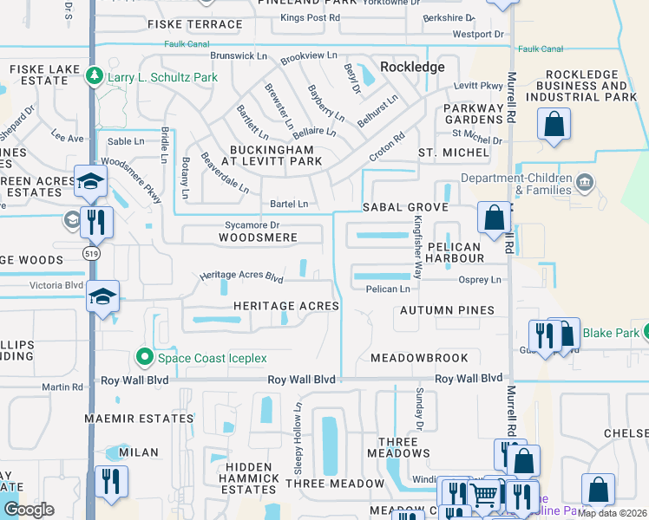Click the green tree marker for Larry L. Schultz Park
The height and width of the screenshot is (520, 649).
pyautogui.click(x=96, y=76)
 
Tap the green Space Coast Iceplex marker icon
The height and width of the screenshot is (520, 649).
pyautogui.click(x=144, y=357)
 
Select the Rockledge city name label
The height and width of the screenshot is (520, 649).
pyautogui.click(x=412, y=67)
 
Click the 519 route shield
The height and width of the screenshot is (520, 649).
pyautogui.click(x=90, y=253)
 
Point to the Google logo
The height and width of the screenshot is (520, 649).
pyautogui.click(x=29, y=509)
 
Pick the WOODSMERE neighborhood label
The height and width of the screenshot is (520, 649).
pyautogui.click(x=258, y=237)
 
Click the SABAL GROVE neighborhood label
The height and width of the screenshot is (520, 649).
pyautogui.click(x=405, y=208)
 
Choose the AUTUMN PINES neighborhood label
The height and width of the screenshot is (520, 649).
pyautogui.click(x=447, y=310)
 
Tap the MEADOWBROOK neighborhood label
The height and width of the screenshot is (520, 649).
pyautogui.click(x=419, y=358)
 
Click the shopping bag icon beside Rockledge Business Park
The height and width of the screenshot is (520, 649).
pyautogui.click(x=553, y=125)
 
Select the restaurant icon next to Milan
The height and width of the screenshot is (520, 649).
pyautogui.click(x=111, y=481)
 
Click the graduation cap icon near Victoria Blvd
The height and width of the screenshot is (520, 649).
pyautogui.click(x=102, y=297)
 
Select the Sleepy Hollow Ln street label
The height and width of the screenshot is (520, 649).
pyautogui.click(x=298, y=426)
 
